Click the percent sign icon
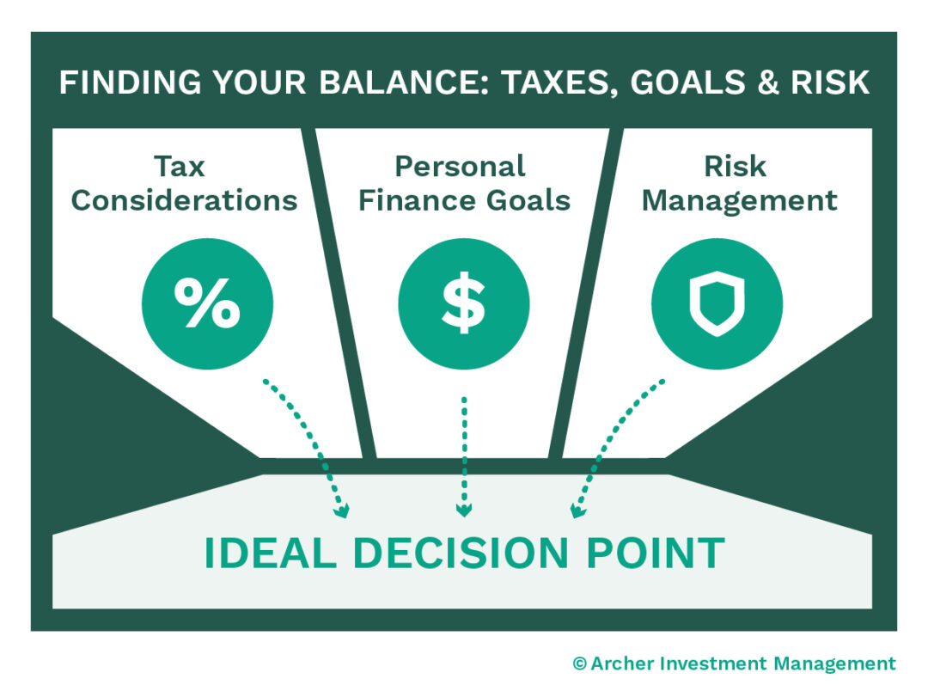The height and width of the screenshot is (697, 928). pyautogui.click(x=207, y=303)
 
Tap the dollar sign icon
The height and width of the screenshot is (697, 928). pyautogui.click(x=463, y=303)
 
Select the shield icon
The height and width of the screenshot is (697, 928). pyautogui.click(x=717, y=303)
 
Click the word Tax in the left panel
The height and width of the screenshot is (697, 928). pyautogui.click(x=180, y=167)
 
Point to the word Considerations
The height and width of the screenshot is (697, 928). pyautogui.click(x=184, y=201)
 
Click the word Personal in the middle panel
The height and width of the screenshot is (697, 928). pyautogui.click(x=460, y=167)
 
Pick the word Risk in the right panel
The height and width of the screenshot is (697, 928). pyautogui.click(x=735, y=167)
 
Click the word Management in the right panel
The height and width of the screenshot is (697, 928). pyautogui.click(x=739, y=202)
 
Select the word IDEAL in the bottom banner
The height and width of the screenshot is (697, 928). pyautogui.click(x=271, y=553)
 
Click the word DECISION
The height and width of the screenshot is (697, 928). pyautogui.click(x=461, y=553)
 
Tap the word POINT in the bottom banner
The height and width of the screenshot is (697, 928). pyautogui.click(x=655, y=553)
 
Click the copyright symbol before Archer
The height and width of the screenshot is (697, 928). pyautogui.click(x=579, y=663)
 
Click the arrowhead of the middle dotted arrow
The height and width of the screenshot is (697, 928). pyautogui.click(x=464, y=510)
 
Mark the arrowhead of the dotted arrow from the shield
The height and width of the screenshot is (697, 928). pyautogui.click(x=577, y=511)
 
